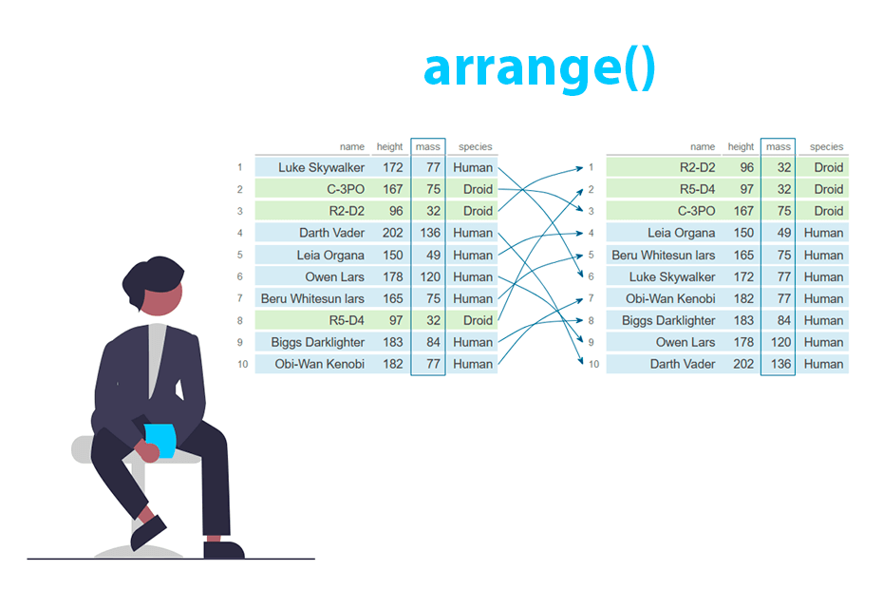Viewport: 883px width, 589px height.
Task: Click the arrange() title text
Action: pyautogui.click(x=538, y=68)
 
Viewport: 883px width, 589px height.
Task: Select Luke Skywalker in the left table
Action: pyautogui.click(x=321, y=167)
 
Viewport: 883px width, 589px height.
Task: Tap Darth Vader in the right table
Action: pyautogui.click(x=682, y=364)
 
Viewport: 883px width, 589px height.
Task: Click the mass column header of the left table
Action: pyautogui.click(x=427, y=146)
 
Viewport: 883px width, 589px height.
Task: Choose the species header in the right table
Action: pyautogui.click(x=826, y=146)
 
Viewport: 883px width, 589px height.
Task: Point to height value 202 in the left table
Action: pyautogui.click(x=392, y=233)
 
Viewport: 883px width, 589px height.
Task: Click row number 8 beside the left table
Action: pyautogui.click(x=240, y=320)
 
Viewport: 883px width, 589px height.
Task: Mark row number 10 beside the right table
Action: pyautogui.click(x=593, y=364)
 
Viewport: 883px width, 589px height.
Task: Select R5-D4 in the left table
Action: pyautogui.click(x=346, y=320)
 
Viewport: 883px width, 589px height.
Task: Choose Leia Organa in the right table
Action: pyautogui.click(x=681, y=233)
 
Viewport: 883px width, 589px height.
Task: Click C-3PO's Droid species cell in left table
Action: pyautogui.click(x=478, y=189)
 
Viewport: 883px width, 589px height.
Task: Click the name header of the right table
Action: pyautogui.click(x=702, y=146)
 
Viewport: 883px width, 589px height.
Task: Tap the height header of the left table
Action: pyautogui.click(x=389, y=146)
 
